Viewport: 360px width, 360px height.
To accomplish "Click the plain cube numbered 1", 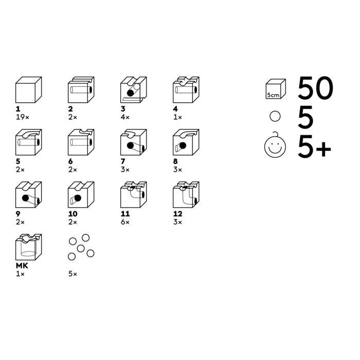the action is click(x=28, y=90).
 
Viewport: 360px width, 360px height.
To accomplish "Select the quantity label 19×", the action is click(x=23, y=117).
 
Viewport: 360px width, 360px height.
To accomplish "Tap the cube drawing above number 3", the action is click(x=133, y=90).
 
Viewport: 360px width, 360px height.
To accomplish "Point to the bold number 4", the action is click(x=175, y=109).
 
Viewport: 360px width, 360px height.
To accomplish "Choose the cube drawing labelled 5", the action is click(x=28, y=142).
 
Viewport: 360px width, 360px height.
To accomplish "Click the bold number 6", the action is click(x=70, y=161).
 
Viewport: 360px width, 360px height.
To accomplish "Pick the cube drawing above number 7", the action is click(x=133, y=142).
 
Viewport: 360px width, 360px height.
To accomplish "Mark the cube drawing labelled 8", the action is click(x=186, y=142).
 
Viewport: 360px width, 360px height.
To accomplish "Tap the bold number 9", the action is click(x=18, y=214).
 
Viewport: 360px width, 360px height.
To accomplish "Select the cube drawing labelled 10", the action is click(x=81, y=195).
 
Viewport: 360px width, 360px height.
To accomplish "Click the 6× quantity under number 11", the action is click(x=125, y=222).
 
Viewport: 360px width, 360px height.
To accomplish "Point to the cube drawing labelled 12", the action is click(x=186, y=195).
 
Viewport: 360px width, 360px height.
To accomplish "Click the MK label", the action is click(x=22, y=266).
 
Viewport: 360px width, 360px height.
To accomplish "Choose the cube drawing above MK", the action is click(x=28, y=247).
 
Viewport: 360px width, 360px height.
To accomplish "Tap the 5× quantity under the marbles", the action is click(x=73, y=274).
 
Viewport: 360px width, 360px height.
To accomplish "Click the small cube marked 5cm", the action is click(x=276, y=89).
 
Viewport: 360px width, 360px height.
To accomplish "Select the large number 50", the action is click(x=315, y=88).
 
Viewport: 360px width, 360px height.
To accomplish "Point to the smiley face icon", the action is click(x=275, y=146).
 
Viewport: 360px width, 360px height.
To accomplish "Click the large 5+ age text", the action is click(x=315, y=147).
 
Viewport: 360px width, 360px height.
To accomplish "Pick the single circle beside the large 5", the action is click(x=275, y=116).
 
